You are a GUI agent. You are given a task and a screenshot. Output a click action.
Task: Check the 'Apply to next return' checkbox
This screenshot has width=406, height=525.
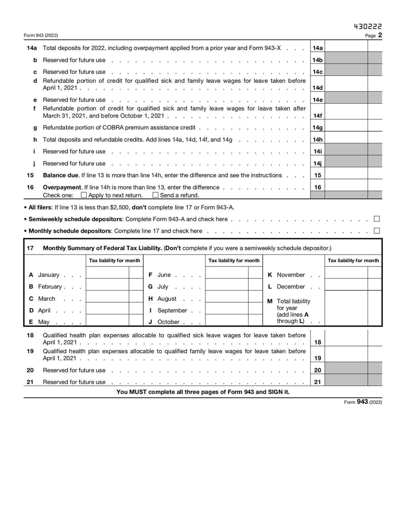(x=84, y=195)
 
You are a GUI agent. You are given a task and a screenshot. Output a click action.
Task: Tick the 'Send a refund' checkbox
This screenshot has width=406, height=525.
(x=155, y=195)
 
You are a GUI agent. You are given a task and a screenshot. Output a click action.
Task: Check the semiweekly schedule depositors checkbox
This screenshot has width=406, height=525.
(x=377, y=219)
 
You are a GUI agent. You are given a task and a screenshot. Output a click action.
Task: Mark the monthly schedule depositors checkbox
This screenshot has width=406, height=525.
(x=377, y=231)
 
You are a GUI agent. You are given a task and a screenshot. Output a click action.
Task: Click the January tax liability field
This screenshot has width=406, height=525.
(x=108, y=275)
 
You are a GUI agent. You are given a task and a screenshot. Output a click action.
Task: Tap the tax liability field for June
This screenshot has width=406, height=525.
(x=227, y=275)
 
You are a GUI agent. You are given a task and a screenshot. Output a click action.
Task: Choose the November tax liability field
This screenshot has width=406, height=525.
(x=346, y=275)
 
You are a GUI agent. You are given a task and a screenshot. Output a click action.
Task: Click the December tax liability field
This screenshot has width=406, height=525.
(x=346, y=287)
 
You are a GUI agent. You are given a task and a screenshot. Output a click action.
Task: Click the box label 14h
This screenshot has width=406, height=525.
(x=318, y=139)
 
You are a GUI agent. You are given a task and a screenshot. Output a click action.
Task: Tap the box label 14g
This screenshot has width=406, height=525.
(x=318, y=128)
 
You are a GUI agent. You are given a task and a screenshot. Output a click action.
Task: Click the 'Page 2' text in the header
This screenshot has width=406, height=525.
(x=374, y=36)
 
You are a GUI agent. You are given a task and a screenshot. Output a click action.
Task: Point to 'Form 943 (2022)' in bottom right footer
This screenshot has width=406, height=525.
(x=363, y=402)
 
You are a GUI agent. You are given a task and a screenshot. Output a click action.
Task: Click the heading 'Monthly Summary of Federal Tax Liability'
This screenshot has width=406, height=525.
(x=103, y=248)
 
